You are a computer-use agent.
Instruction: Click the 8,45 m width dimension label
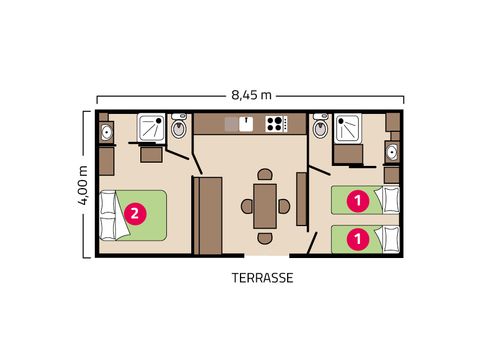click(x=251, y=95)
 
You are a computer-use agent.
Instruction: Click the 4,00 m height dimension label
click(x=83, y=185)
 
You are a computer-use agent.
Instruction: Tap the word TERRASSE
click(x=262, y=278)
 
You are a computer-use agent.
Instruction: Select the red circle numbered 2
click(x=135, y=213)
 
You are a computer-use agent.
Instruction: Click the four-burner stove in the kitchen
click(x=276, y=124)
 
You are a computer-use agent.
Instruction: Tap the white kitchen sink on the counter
click(x=246, y=124)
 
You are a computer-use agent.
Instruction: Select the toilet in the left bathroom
click(x=179, y=126)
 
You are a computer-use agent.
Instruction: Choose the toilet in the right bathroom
click(x=321, y=126)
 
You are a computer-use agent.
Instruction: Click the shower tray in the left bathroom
click(x=152, y=127)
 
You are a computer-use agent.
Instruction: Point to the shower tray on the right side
click(x=349, y=128)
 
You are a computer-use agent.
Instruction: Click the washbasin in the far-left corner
click(x=107, y=132)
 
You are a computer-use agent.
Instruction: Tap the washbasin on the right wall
click(x=392, y=152)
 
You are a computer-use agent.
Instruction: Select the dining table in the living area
click(x=265, y=206)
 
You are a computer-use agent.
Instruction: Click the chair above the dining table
click(x=265, y=174)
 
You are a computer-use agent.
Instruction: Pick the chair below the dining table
click(x=265, y=238)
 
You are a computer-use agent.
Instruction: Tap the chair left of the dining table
click(x=247, y=206)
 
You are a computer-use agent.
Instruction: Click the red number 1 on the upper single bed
click(x=358, y=201)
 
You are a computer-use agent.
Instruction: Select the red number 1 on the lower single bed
click(x=358, y=239)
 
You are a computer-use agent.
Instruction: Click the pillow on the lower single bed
click(x=391, y=239)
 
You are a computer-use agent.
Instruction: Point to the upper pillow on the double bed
click(x=108, y=203)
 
